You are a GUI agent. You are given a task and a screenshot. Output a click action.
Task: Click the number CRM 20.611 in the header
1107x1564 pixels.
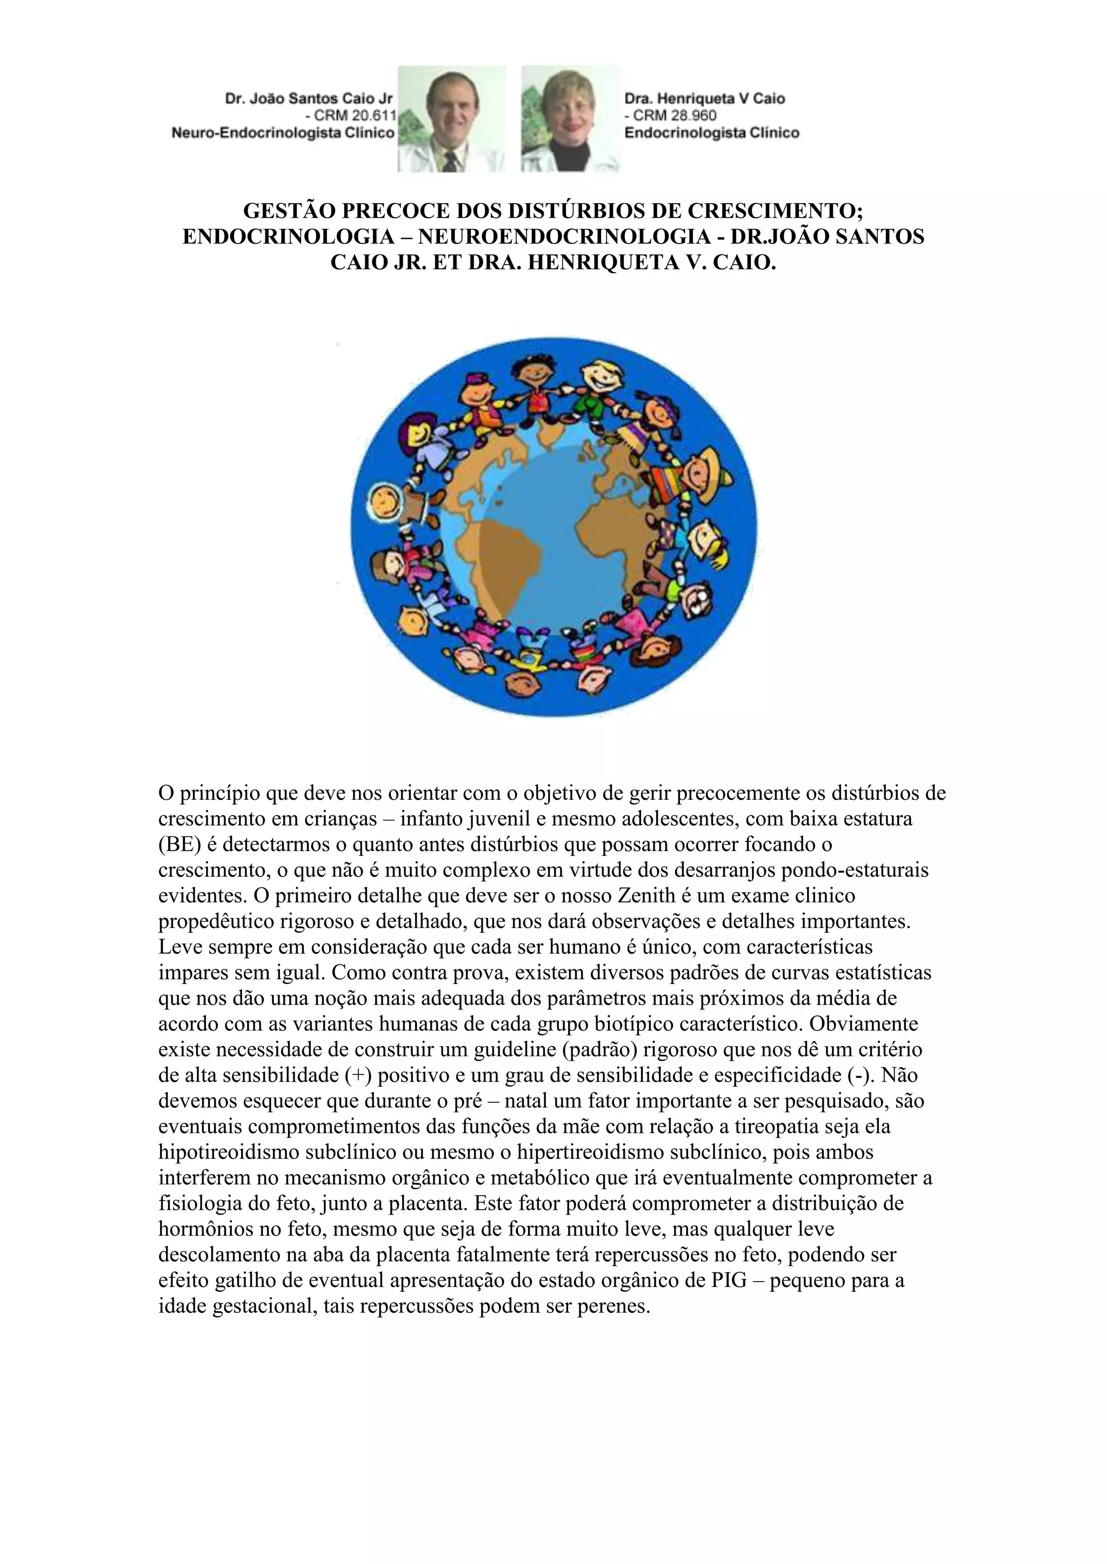pos(350,116)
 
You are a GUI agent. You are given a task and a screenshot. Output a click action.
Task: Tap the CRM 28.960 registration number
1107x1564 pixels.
pos(671,116)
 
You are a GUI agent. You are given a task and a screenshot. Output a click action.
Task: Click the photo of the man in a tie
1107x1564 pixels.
pos(451,119)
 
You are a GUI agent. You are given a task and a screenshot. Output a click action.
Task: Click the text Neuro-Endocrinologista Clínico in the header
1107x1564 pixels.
pos(283,133)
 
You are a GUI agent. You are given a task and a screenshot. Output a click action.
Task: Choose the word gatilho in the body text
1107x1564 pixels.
pos(233,1280)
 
